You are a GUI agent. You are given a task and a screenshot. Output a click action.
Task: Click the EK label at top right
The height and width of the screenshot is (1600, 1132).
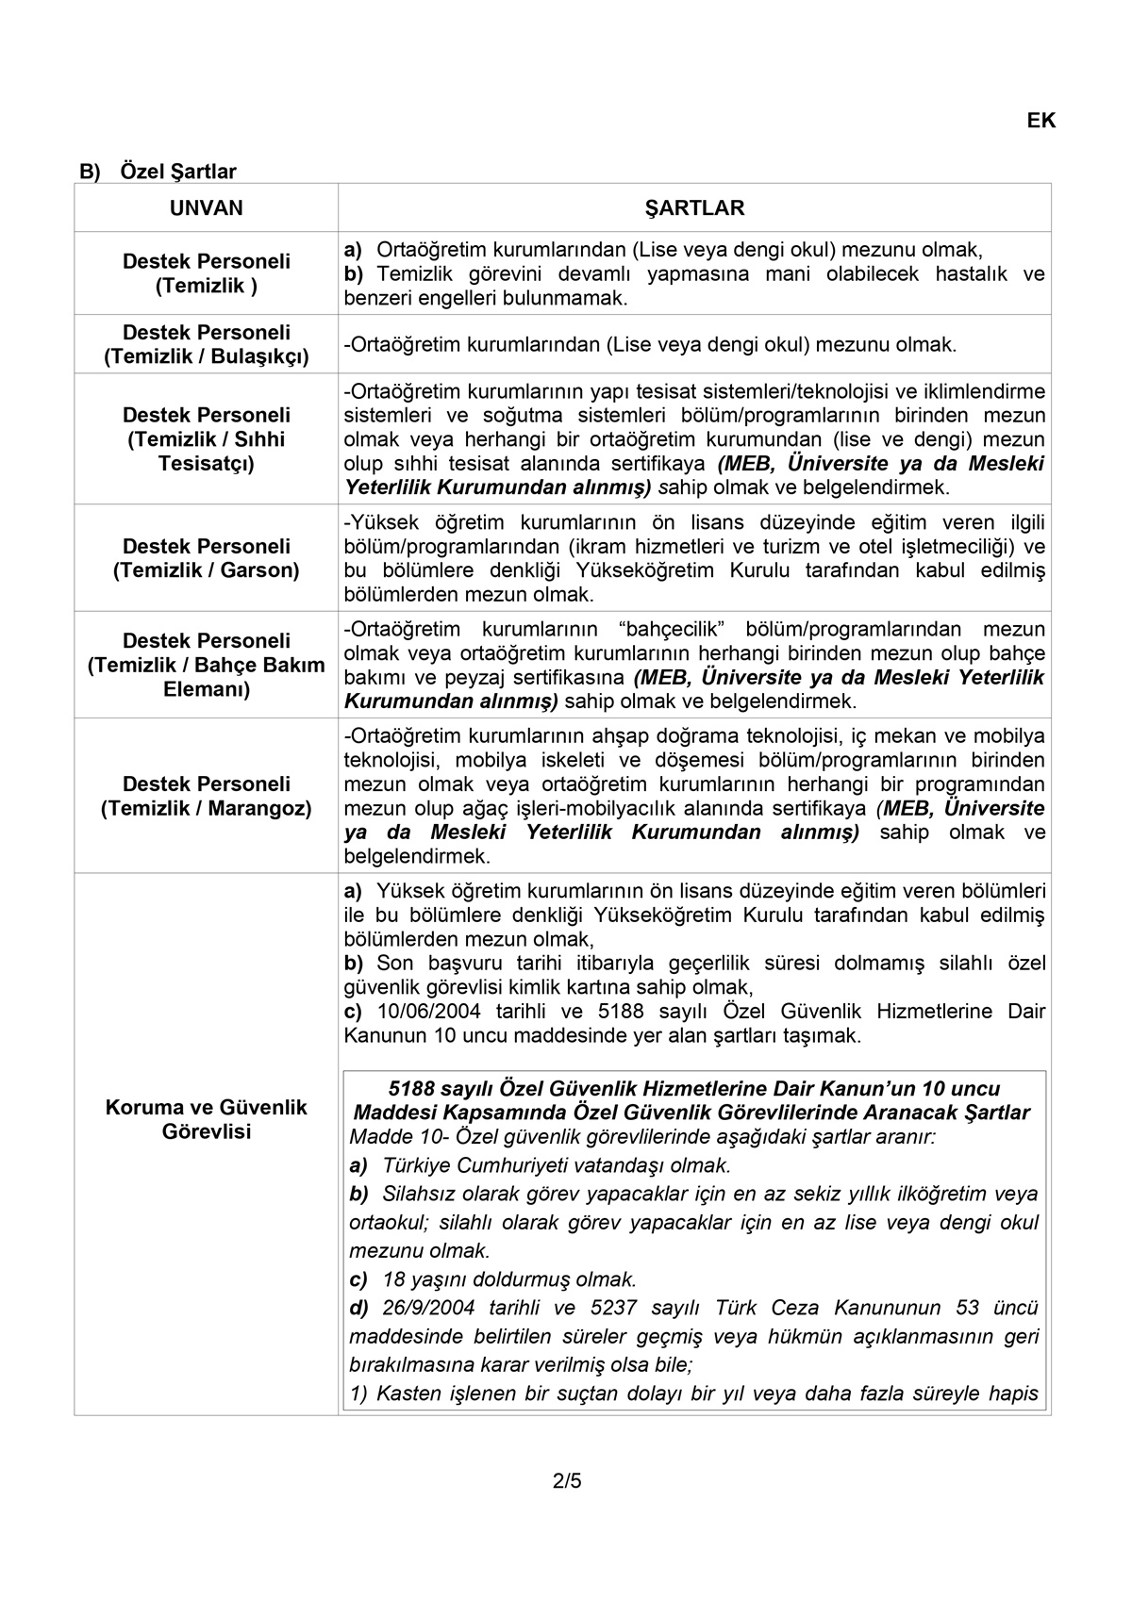click(x=1040, y=121)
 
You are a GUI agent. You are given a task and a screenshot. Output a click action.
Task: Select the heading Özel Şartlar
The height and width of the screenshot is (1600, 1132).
click(x=178, y=172)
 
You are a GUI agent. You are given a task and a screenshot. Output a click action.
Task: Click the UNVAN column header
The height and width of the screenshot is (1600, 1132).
click(x=206, y=208)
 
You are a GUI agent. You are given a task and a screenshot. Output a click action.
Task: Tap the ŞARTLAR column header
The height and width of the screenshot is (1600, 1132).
click(x=694, y=208)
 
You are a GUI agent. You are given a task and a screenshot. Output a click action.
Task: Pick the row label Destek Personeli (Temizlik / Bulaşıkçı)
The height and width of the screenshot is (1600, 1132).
click(x=206, y=344)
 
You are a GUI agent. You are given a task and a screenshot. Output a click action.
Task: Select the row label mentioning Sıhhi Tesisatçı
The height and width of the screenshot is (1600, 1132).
click(x=206, y=439)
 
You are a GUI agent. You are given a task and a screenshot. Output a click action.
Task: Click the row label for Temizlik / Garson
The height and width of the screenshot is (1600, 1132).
click(x=206, y=558)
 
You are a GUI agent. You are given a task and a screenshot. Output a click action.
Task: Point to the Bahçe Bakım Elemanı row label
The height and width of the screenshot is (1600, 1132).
click(x=206, y=665)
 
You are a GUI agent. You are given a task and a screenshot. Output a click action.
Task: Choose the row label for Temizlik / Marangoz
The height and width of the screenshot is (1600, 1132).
click(x=206, y=796)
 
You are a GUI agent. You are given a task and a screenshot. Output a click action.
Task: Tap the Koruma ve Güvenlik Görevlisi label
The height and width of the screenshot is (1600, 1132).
click(x=206, y=1119)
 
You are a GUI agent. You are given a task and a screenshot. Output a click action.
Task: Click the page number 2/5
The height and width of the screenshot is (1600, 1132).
click(x=567, y=1480)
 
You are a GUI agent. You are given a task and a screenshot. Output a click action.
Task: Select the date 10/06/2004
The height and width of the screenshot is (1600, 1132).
click(x=429, y=1012)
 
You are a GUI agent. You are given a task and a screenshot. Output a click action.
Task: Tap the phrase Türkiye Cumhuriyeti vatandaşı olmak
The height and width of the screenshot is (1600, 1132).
click(x=557, y=1164)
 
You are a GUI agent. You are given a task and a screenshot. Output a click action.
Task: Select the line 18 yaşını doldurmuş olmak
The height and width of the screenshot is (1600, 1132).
click(x=509, y=1279)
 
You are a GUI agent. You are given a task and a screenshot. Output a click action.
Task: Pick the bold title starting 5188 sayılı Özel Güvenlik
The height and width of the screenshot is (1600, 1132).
click(x=694, y=1089)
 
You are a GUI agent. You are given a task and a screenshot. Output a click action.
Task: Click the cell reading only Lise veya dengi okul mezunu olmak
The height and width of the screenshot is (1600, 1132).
click(x=651, y=345)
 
